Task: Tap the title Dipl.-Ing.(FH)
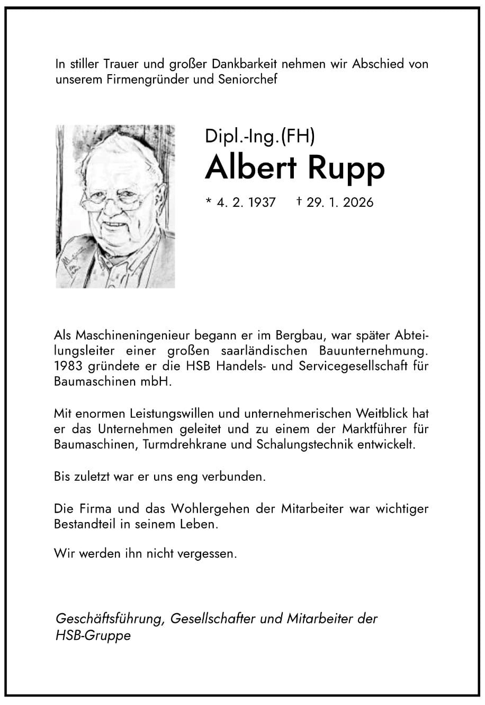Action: [260, 137]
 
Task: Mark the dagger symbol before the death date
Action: [299, 201]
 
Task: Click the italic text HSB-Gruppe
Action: [93, 636]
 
